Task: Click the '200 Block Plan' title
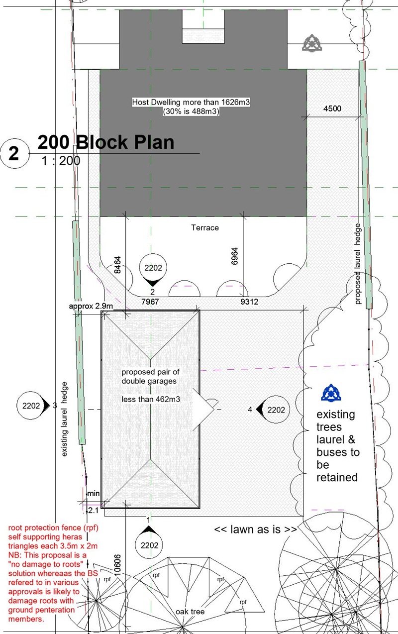(x=106, y=142)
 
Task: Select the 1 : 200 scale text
(x=61, y=161)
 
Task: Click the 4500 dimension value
(x=332, y=108)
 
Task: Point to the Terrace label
(x=205, y=227)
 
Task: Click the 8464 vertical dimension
(x=117, y=265)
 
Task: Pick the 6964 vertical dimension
(x=234, y=256)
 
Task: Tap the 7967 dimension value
(x=150, y=302)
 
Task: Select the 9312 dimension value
(x=249, y=302)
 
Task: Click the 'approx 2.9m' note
(x=91, y=306)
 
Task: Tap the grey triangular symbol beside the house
(x=312, y=43)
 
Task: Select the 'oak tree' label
(x=190, y=612)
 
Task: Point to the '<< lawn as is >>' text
(x=255, y=529)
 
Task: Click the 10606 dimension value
(x=117, y=565)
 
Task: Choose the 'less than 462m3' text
(x=151, y=399)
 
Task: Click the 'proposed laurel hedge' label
(x=358, y=264)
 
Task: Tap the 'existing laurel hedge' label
(x=65, y=419)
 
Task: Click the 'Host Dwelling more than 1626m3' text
(x=191, y=102)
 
